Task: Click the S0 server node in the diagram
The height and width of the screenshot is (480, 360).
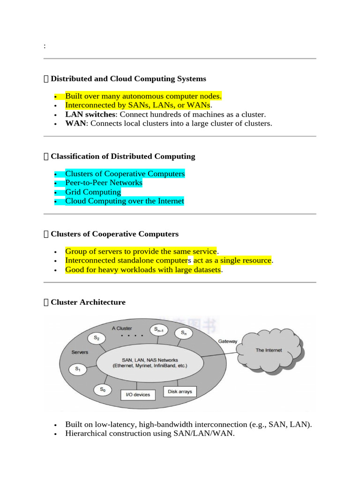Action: (x=103, y=390)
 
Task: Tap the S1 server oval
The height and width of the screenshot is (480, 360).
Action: (x=78, y=369)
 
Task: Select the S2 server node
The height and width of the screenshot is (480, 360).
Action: (x=97, y=337)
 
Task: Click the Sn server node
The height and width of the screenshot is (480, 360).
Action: (x=183, y=333)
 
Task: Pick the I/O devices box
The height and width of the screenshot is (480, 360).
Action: (x=138, y=395)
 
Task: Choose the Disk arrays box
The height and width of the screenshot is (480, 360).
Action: (x=180, y=391)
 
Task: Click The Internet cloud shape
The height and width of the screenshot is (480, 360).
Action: (x=268, y=350)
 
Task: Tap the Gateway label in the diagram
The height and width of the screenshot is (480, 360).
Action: (x=228, y=341)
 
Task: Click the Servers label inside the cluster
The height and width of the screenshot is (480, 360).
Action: (x=80, y=352)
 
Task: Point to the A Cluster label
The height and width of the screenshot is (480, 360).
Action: (x=122, y=328)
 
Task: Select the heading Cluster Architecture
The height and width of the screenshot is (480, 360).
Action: (x=88, y=302)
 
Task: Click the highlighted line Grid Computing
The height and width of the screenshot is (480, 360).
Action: (x=93, y=192)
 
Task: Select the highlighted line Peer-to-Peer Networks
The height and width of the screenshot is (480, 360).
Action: (x=104, y=183)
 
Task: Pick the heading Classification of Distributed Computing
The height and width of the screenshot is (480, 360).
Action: (x=123, y=157)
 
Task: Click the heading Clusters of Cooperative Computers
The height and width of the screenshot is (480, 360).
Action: (x=114, y=234)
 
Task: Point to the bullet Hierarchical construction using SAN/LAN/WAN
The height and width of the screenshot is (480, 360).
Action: (x=150, y=434)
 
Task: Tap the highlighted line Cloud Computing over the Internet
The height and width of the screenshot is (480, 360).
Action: (x=124, y=201)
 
